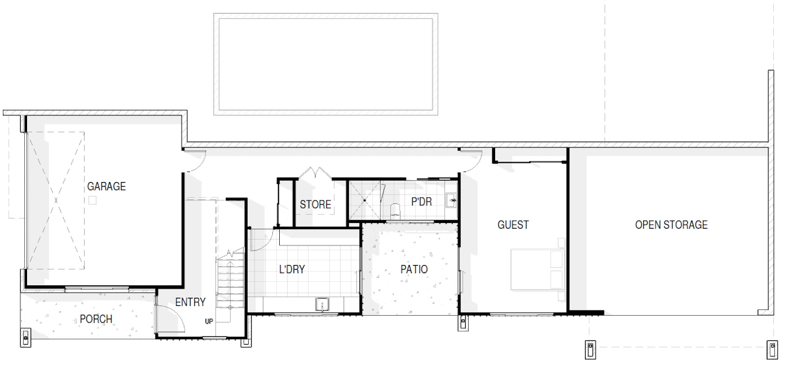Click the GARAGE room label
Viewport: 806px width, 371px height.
[107, 187]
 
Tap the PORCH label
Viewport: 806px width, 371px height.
[96, 319]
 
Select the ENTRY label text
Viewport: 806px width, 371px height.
[191, 302]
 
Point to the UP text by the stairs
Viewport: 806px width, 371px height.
[209, 321]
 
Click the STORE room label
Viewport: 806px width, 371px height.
[315, 205]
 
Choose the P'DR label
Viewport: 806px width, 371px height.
[421, 202]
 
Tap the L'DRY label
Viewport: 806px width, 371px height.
[292, 270]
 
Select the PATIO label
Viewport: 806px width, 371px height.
[414, 270]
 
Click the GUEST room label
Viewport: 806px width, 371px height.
[513, 225]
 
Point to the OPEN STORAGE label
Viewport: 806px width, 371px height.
[671, 225]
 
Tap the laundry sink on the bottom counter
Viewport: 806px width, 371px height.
[322, 304]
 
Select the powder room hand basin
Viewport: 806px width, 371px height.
[451, 200]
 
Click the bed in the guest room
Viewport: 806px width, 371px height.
[537, 269]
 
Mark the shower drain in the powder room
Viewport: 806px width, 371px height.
[364, 200]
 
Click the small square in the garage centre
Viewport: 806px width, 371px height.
[93, 200]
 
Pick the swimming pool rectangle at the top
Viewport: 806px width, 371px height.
[326, 65]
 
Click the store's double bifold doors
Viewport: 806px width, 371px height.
[315, 173]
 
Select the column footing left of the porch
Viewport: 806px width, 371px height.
[25, 338]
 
